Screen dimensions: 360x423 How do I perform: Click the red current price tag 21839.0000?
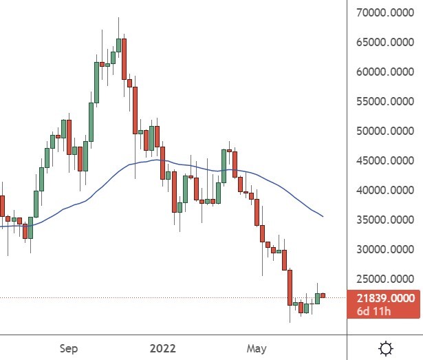coord(385,298)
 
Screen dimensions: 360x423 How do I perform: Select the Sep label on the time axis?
coord(69,348)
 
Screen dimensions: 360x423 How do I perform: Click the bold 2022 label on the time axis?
coord(162,348)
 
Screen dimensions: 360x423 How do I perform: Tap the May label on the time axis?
coord(256,348)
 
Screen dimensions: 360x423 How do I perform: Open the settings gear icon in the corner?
coord(387,348)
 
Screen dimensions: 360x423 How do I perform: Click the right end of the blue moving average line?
coord(323,216)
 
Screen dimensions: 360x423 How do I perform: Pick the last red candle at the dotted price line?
coord(323,296)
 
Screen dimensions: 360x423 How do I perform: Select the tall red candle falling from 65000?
coord(124,59)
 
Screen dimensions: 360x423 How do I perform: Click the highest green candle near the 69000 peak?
coord(118,45)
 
